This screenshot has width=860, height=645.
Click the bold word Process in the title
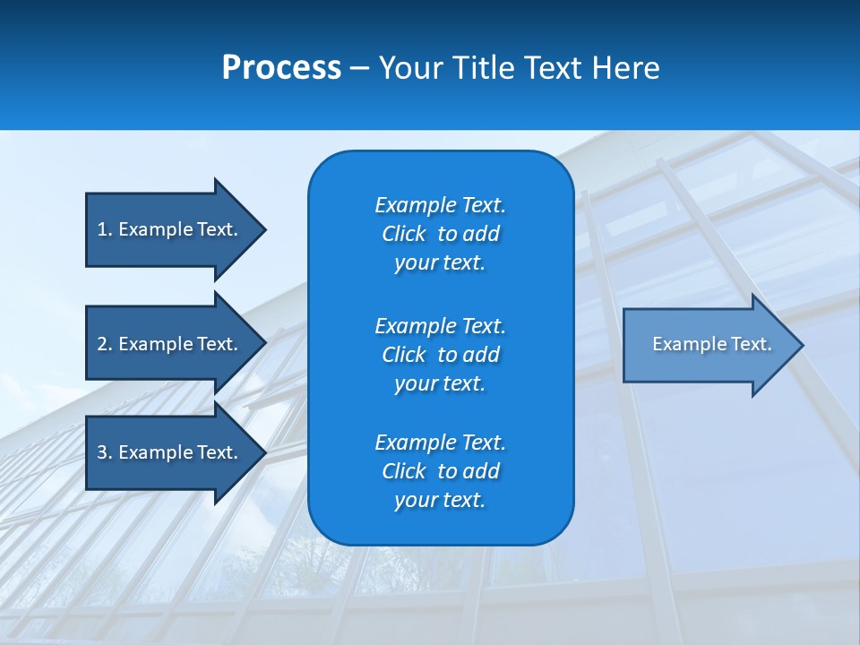coord(281,68)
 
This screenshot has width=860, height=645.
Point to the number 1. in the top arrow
coord(105,229)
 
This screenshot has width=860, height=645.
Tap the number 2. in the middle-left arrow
coord(105,344)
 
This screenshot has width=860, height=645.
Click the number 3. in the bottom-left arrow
coord(105,452)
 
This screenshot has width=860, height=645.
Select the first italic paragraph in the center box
coord(440,234)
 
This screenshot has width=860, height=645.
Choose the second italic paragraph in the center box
coord(440,354)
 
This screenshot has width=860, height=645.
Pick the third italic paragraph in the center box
coord(440,471)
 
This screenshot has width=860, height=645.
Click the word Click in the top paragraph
coord(403,234)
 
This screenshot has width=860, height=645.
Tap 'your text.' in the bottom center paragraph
coord(440,500)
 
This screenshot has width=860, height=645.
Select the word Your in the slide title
coord(412,68)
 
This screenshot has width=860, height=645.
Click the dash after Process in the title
coord(359,69)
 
